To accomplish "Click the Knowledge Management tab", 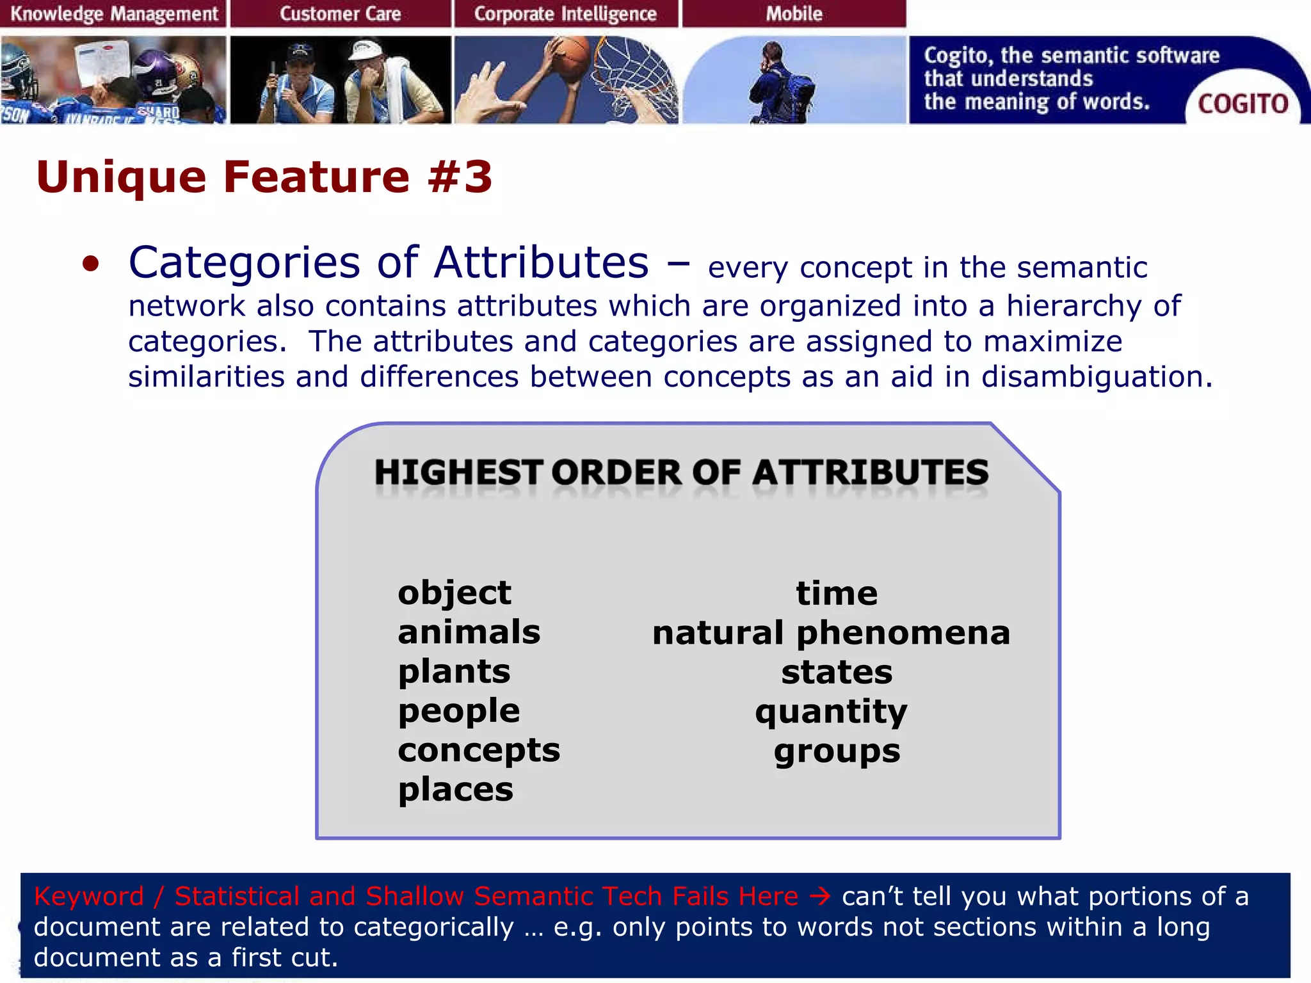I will coord(113,13).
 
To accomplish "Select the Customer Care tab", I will coord(340,13).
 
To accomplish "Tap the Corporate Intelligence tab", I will coord(565,13).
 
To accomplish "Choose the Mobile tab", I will coord(794,13).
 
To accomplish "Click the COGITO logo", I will coord(1242,104).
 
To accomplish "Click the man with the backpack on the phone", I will coord(782,86).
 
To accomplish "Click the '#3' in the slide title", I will coord(460,177).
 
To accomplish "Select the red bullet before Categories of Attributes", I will coord(91,264).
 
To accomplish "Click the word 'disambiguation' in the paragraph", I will coord(1096,376).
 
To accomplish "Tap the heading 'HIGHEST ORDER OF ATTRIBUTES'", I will coord(681,472).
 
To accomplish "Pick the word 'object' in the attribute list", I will coord(454,593).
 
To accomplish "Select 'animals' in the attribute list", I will coord(469,632).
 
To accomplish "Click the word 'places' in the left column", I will coord(455,790).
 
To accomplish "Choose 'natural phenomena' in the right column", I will coord(831,633).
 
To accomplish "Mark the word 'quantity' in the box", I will coord(831,712).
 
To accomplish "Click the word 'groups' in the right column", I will coord(837,751).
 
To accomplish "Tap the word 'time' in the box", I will coord(837,593).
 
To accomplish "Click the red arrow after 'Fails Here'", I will coord(820,896).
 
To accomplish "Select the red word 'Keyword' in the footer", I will coord(88,896).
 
